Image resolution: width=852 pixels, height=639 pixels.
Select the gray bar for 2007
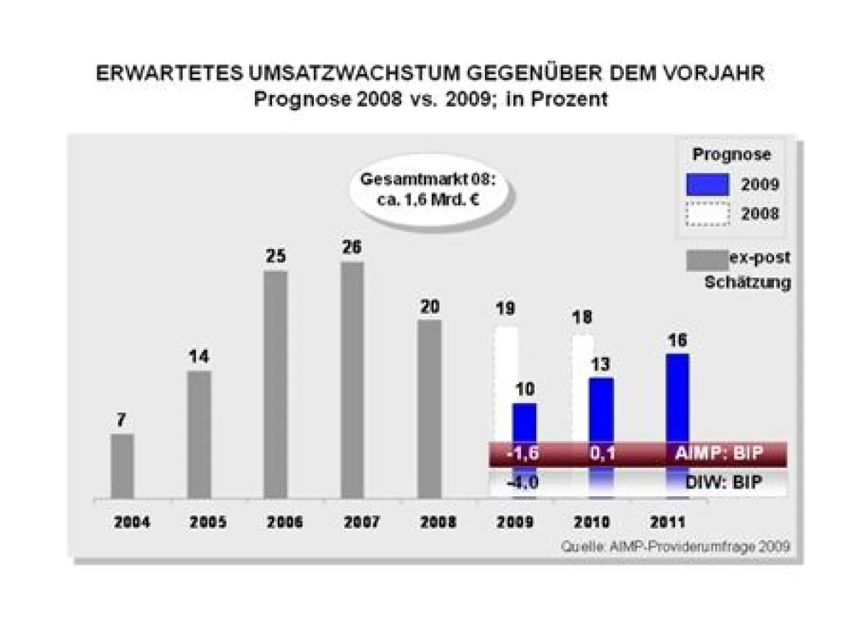352,380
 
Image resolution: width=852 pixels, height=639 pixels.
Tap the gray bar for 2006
275,384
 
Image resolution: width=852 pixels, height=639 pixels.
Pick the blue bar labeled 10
525,423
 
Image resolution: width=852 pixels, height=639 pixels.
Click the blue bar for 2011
678,398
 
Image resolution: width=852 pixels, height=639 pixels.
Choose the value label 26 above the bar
352,247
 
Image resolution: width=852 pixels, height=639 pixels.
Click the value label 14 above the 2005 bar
199,356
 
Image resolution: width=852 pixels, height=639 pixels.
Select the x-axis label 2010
591,523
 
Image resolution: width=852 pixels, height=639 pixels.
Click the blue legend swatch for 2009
707,185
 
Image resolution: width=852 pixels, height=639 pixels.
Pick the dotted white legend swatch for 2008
707,214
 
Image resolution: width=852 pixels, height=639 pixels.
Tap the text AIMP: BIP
717,454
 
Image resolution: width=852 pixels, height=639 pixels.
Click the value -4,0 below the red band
523,484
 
